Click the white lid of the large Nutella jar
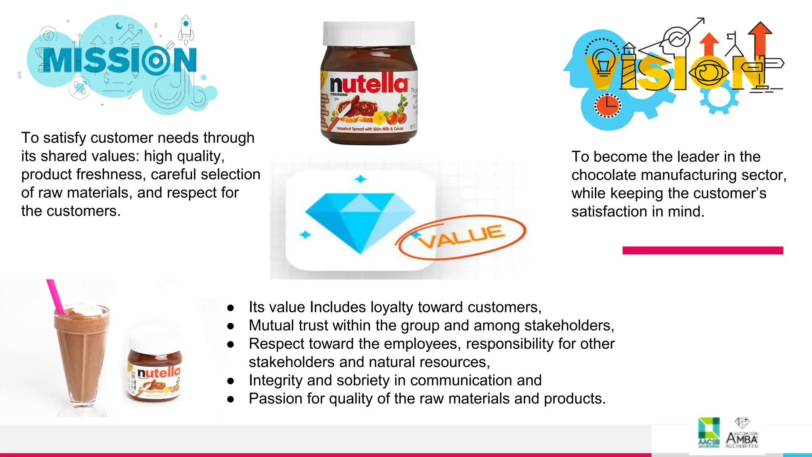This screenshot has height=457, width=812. (x=369, y=33)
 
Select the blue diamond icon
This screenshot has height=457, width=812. (x=360, y=220)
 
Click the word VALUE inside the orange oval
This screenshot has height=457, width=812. (x=462, y=236)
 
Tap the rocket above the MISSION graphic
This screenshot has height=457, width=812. (x=186, y=29)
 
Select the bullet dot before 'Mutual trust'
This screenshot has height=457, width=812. (x=231, y=326)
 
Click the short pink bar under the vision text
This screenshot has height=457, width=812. (x=703, y=250)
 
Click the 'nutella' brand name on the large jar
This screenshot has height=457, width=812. (x=369, y=84)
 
